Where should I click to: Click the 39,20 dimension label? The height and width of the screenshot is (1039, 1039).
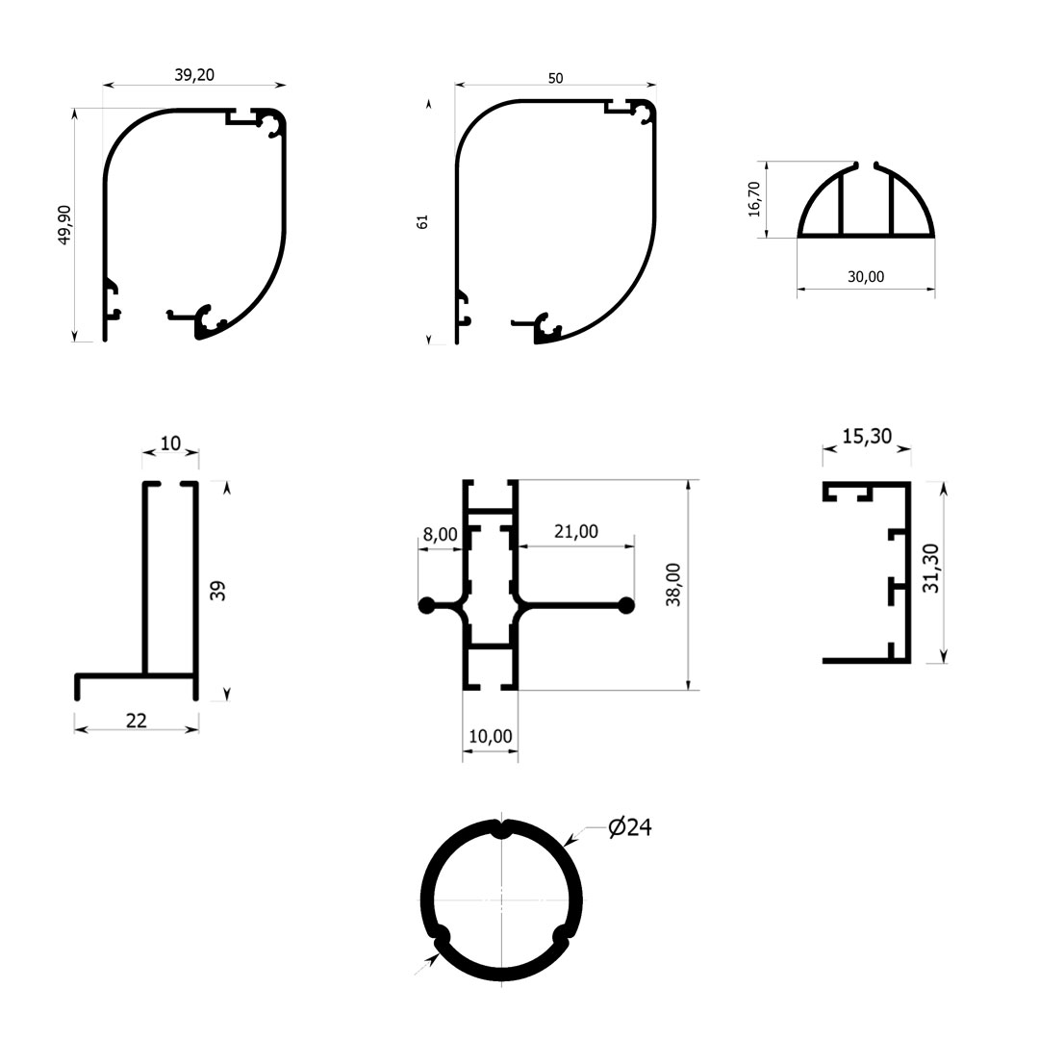click(194, 75)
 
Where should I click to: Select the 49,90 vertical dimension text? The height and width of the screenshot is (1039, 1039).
click(65, 225)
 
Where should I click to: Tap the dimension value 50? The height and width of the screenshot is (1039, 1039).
click(555, 78)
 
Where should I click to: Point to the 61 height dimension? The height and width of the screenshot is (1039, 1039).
click(422, 222)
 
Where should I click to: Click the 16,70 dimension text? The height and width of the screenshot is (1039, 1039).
click(754, 199)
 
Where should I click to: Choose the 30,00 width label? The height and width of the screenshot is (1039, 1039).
click(866, 277)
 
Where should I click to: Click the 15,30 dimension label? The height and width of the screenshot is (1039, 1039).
click(867, 437)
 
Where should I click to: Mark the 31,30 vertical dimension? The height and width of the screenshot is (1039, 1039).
click(931, 568)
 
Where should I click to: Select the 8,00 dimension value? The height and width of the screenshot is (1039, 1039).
click(440, 534)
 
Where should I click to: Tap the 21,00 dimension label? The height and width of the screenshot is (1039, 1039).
click(576, 531)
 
